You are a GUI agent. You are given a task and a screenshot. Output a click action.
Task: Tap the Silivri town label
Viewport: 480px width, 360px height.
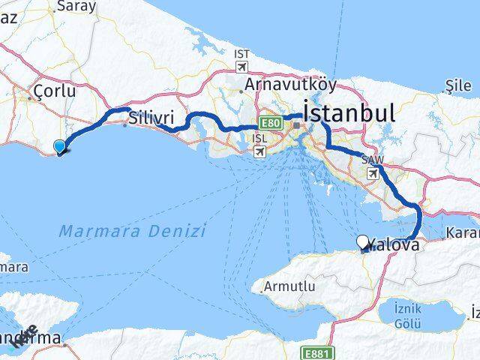pyautogui.click(x=151, y=118)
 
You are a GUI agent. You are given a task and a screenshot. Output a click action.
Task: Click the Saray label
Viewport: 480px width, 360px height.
pyautogui.click(x=76, y=6)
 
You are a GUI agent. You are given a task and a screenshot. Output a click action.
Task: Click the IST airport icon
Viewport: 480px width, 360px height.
pyautogui.click(x=241, y=67)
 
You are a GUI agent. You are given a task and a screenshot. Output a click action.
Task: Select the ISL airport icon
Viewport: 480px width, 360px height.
pyautogui.click(x=259, y=151)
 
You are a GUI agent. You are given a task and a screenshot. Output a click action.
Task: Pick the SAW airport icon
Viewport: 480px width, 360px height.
pyautogui.click(x=373, y=172)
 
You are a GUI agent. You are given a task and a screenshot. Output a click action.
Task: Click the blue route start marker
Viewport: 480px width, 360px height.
pyautogui.click(x=60, y=148)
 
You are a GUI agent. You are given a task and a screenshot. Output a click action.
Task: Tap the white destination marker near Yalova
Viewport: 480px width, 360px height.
pyautogui.click(x=363, y=242)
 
